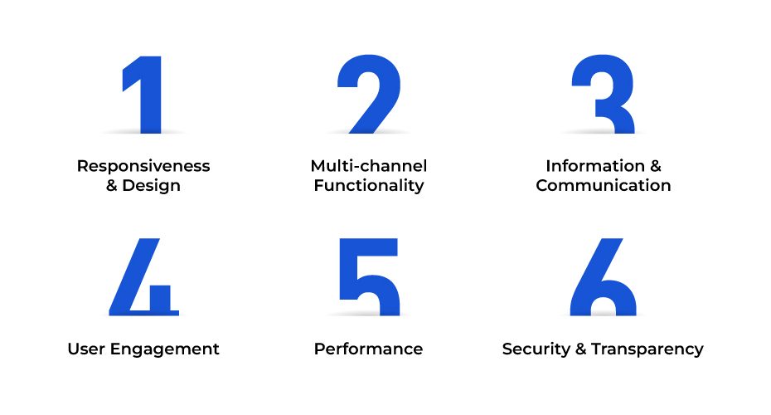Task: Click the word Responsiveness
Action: pos(143,166)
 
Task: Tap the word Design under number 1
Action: pos(152,186)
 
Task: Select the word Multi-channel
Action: pos(369,166)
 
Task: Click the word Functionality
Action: pos(369,186)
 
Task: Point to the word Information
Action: pos(595,166)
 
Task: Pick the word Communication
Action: pos(604,186)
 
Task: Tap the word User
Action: pos(86,349)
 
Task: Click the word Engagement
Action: pos(165,350)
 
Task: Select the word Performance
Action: pos(368,349)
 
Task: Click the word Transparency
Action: pos(647,350)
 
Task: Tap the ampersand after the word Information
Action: pos(656,166)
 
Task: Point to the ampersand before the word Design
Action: pos(112,186)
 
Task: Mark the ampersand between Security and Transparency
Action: pos(581,349)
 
